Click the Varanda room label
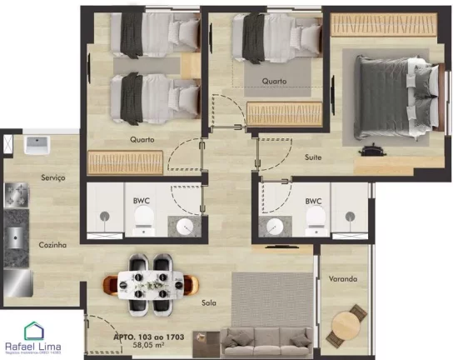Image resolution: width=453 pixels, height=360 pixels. tap(342, 278)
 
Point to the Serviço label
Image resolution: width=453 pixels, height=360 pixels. tap(53, 177)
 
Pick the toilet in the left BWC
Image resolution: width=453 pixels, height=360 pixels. tap(144, 220)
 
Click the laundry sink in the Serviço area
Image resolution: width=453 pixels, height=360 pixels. tap(37, 146)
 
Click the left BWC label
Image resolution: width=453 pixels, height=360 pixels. tap(141, 201)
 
